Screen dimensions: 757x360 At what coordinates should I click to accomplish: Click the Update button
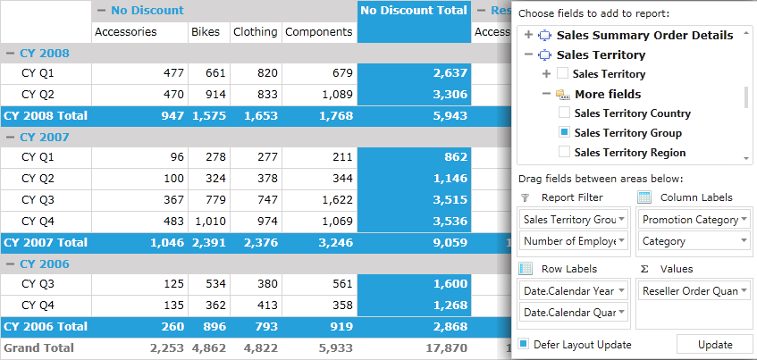click(714, 345)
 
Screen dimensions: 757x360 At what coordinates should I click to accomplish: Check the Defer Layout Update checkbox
click(524, 344)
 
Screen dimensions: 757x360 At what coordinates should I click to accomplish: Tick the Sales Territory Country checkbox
click(564, 113)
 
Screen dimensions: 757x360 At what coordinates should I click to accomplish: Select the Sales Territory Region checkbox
click(564, 152)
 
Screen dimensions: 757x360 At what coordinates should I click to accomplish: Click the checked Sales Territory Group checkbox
click(564, 132)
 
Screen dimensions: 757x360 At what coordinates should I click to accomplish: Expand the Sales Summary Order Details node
click(528, 35)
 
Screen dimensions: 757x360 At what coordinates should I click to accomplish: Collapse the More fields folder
click(546, 94)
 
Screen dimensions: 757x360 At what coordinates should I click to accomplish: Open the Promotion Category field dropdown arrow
click(744, 220)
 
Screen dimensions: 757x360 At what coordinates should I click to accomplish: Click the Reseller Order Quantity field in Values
click(694, 291)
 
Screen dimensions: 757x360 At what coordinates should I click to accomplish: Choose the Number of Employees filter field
click(574, 240)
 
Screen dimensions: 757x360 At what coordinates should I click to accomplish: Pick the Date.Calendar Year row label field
click(574, 291)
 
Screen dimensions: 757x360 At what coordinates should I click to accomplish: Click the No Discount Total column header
click(414, 11)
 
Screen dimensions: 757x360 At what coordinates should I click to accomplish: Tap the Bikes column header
click(206, 32)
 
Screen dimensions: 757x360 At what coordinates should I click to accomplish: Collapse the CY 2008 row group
click(10, 53)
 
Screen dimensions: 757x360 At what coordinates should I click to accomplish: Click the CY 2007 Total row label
click(46, 242)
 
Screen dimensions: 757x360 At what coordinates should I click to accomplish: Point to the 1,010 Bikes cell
click(209, 222)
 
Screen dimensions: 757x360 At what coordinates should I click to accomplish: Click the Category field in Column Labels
click(694, 241)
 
